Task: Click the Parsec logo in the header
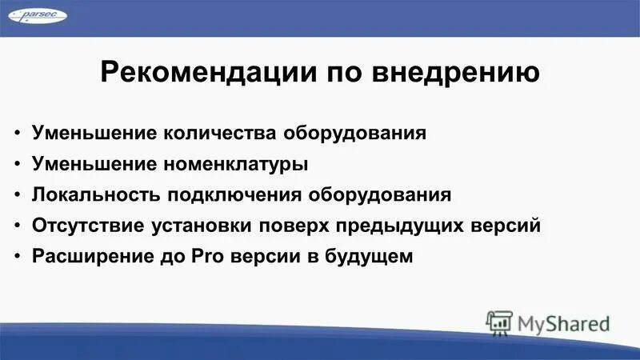point(34,16)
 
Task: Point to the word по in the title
point(338,74)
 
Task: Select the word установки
point(200,226)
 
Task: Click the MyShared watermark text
point(563,324)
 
